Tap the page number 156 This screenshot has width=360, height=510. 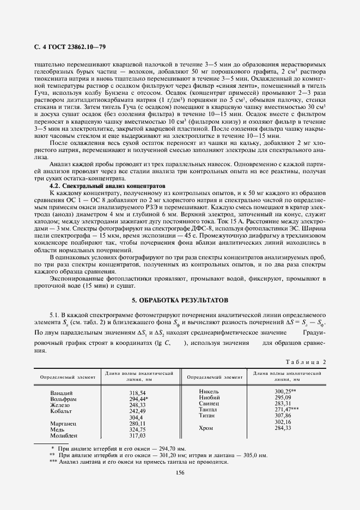click(x=181, y=472)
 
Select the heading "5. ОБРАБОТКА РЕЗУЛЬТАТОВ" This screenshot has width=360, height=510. click(x=181, y=300)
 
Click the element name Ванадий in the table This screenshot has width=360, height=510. click(x=61, y=393)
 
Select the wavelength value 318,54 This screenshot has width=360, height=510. click(x=138, y=393)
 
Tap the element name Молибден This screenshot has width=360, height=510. click(x=64, y=435)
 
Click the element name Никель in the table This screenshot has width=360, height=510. click(x=209, y=391)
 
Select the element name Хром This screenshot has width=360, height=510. click(x=206, y=428)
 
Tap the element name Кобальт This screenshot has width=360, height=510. click(x=62, y=411)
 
